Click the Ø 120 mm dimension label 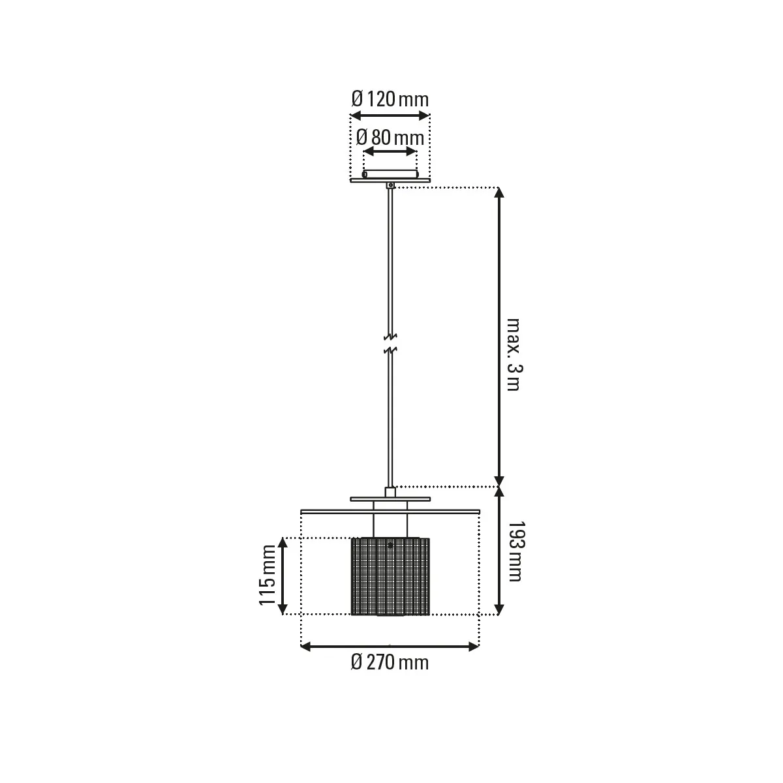pyautogui.click(x=390, y=99)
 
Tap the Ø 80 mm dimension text pyautogui.click(x=390, y=138)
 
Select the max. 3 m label pyautogui.click(x=514, y=354)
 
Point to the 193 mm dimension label pyautogui.click(x=515, y=551)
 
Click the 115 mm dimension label pyautogui.click(x=268, y=575)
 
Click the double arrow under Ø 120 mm pyautogui.click(x=390, y=115)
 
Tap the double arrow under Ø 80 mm pyautogui.click(x=390, y=151)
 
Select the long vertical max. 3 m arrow pyautogui.click(x=499, y=337)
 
